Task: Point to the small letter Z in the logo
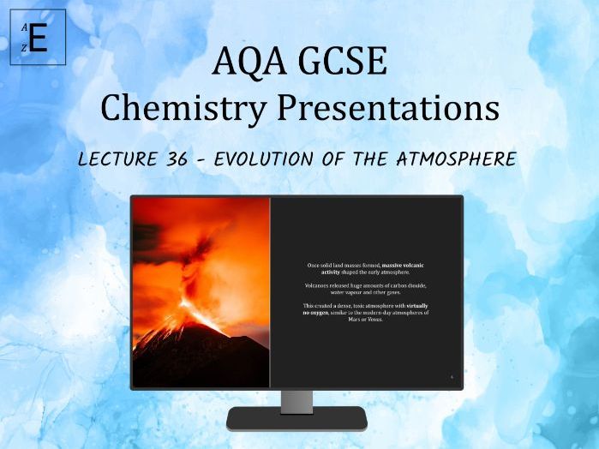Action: [x=25, y=49]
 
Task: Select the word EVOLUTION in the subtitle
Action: [x=282, y=160]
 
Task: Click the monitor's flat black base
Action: [x=297, y=419]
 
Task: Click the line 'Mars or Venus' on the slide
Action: [x=367, y=320]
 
